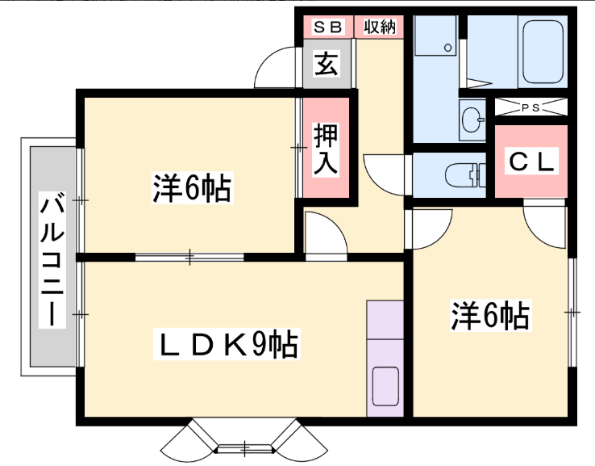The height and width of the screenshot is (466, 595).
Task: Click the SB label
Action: click(328, 27)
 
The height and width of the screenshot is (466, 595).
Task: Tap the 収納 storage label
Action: click(380, 27)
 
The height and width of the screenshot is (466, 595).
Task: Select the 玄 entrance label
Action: click(327, 64)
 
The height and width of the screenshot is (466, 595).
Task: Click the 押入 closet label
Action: click(326, 149)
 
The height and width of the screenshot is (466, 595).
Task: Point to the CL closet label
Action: click(531, 162)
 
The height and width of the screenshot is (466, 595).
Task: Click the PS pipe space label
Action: click(531, 108)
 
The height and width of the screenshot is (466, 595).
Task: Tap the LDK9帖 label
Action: click(227, 344)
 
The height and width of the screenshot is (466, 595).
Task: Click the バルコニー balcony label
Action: click(52, 260)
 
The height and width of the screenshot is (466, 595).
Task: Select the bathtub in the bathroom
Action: click(543, 52)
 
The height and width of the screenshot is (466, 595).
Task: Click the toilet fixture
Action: click(465, 175)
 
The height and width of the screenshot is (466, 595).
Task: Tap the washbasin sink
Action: click(472, 120)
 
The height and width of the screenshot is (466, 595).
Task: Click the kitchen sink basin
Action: click(385, 386)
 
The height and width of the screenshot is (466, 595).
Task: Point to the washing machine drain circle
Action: click(447, 48)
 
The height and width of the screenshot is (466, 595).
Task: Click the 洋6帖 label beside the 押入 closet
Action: click(193, 187)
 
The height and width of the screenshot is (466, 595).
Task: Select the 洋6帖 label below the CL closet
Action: click(490, 316)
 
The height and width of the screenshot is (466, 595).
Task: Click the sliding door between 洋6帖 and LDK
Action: click(189, 258)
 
